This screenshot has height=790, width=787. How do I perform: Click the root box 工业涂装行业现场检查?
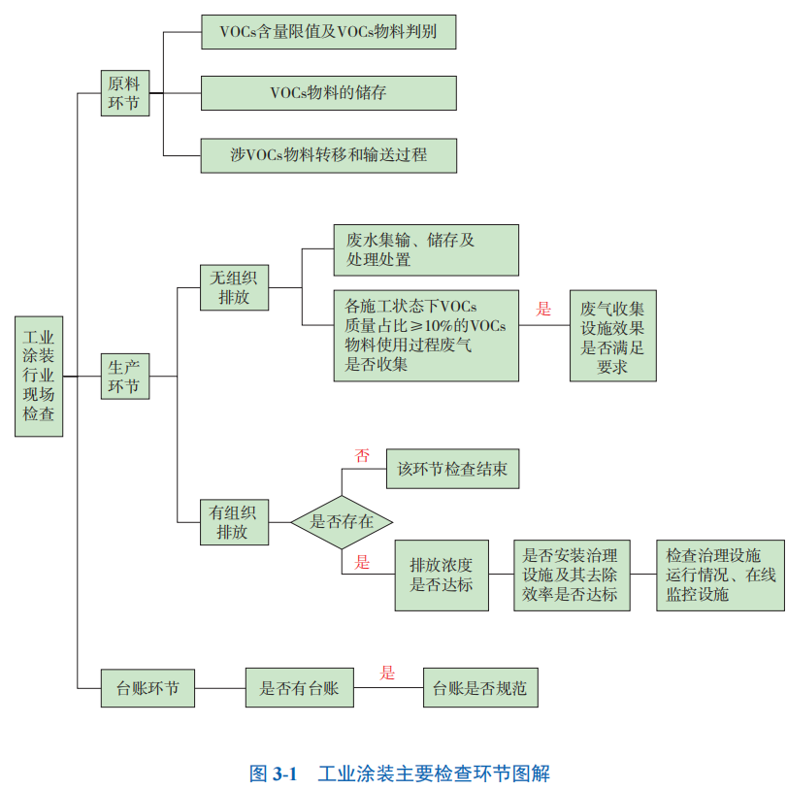pos(40,375)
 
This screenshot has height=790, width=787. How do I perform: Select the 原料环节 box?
pos(125,93)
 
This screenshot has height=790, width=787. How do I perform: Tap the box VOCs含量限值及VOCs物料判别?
pos(328,32)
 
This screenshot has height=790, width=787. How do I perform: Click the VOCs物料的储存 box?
pos(328,93)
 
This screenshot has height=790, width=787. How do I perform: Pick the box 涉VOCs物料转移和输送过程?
pos(328,154)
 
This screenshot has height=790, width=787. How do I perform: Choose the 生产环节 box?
pos(125,376)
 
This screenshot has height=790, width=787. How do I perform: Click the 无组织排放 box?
pos(234,287)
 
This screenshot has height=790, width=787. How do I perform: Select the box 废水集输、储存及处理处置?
pos(425,250)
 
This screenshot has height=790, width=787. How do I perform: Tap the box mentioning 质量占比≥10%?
pos(425,335)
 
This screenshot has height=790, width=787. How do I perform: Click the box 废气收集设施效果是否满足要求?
pos(612,335)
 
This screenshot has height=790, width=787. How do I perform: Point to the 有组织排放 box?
pos(234,522)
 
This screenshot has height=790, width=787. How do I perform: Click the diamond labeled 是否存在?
pos(342,522)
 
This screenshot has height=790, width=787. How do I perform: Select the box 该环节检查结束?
pos(452,469)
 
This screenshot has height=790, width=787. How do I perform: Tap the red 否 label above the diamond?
pos(363,455)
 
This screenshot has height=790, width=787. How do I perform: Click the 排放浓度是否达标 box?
pos(442,575)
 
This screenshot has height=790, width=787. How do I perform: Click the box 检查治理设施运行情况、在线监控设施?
pos(720,575)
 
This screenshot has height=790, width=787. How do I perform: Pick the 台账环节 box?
pos(148,688)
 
